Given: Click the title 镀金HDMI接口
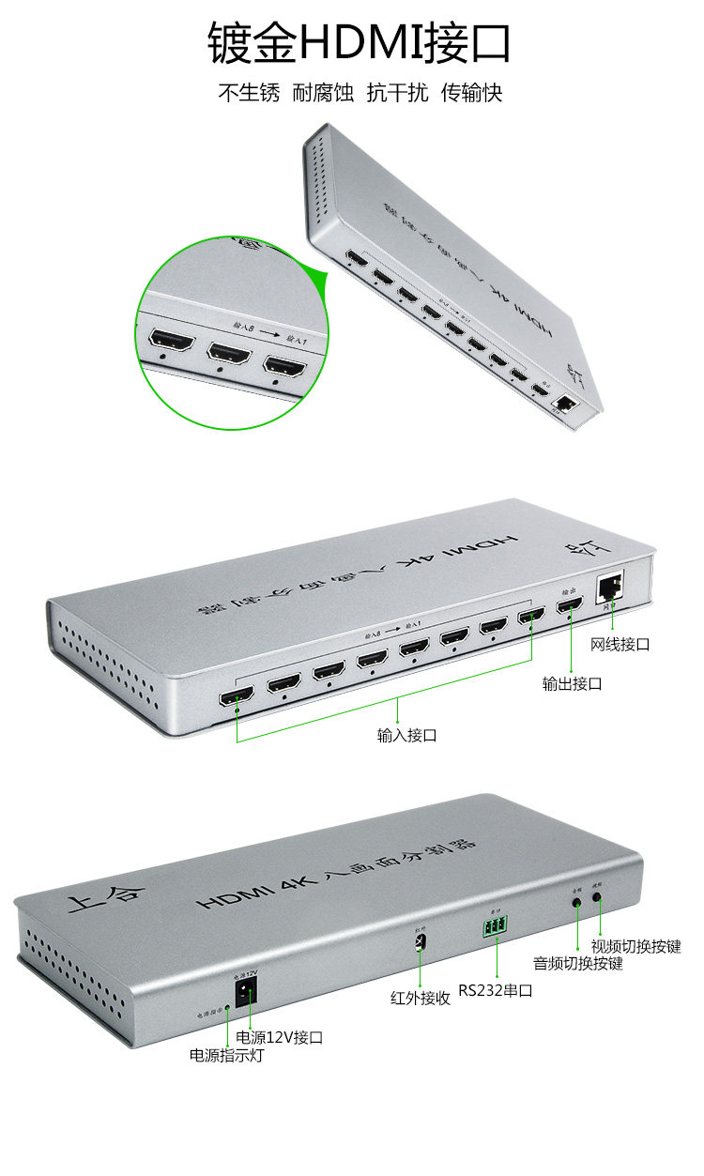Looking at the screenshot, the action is click(x=360, y=44).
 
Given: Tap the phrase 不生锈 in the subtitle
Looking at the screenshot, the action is click(x=249, y=93).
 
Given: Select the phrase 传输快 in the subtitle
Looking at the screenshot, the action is click(x=472, y=93).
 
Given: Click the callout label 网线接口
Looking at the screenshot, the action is click(x=620, y=644).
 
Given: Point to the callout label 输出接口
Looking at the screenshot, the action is click(x=572, y=683).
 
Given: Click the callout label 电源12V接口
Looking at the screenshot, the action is click(x=280, y=1037).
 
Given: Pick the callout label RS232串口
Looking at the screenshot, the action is click(x=496, y=990).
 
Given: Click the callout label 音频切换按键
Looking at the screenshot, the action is click(x=577, y=963).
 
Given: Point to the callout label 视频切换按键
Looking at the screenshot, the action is click(x=635, y=945).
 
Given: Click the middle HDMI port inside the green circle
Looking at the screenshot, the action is click(x=229, y=353).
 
